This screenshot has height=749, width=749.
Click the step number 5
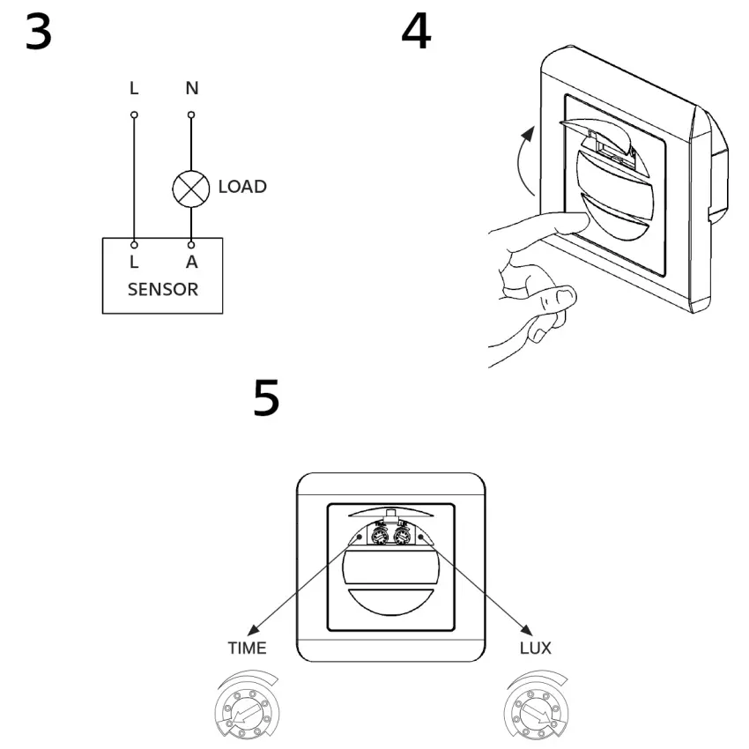[266, 398]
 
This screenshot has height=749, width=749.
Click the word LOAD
[242, 187]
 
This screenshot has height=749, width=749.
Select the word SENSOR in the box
[162, 289]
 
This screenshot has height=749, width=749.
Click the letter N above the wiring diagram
[191, 88]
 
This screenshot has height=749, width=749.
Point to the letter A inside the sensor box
[191, 263]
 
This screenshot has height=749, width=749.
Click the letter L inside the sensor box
[134, 263]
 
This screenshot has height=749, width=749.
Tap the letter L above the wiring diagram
[134, 88]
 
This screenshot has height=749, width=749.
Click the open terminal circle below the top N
[191, 115]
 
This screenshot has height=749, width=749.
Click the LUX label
[535, 649]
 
